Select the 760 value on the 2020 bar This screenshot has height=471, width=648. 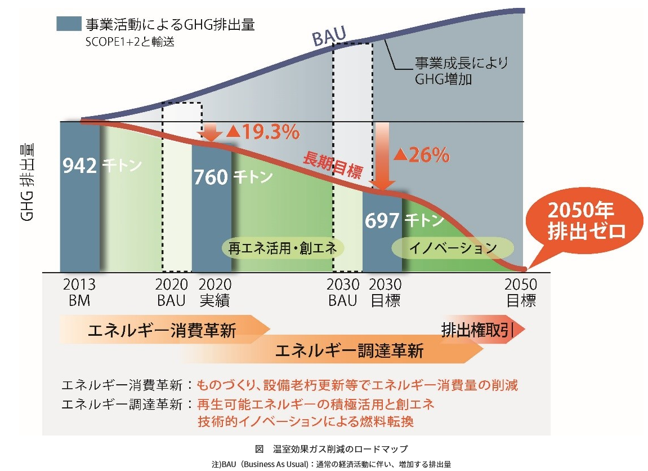click(x=210, y=177)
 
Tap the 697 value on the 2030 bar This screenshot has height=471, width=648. click(x=382, y=220)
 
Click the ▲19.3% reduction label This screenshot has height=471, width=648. click(x=262, y=132)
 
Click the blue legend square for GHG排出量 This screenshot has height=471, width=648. click(x=68, y=24)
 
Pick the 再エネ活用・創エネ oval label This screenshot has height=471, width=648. click(x=282, y=248)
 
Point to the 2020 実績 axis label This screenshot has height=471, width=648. click(x=215, y=292)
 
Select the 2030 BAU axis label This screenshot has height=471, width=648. click(x=343, y=292)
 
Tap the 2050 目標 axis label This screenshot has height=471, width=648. click(x=521, y=292)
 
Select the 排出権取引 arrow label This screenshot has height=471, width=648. click(x=477, y=330)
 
